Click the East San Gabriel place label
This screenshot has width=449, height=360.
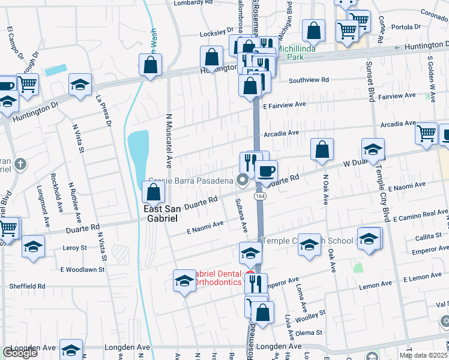click(x=161, y=214)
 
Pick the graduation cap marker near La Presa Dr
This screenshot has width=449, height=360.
click(x=80, y=85)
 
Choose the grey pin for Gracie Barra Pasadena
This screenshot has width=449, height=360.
click(x=243, y=179)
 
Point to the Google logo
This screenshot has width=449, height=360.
click(x=20, y=353)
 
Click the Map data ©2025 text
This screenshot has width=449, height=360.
click(x=423, y=355)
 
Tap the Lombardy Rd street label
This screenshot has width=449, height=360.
click(x=193, y=3)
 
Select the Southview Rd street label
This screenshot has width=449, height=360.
click(x=309, y=80)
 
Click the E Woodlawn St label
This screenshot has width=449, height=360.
click(x=82, y=269)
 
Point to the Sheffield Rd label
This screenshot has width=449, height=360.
click(x=25, y=286)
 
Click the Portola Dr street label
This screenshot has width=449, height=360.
click(x=406, y=27)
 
